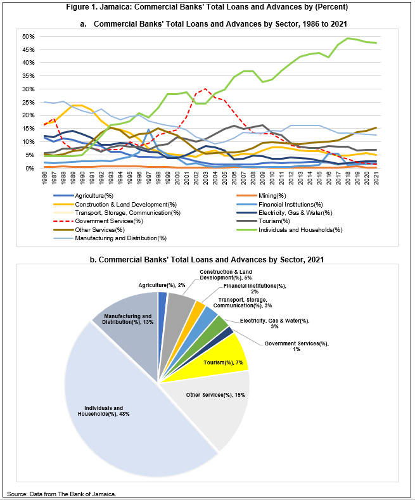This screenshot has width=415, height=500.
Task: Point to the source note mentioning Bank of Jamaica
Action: pyautogui.click(x=62, y=493)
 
